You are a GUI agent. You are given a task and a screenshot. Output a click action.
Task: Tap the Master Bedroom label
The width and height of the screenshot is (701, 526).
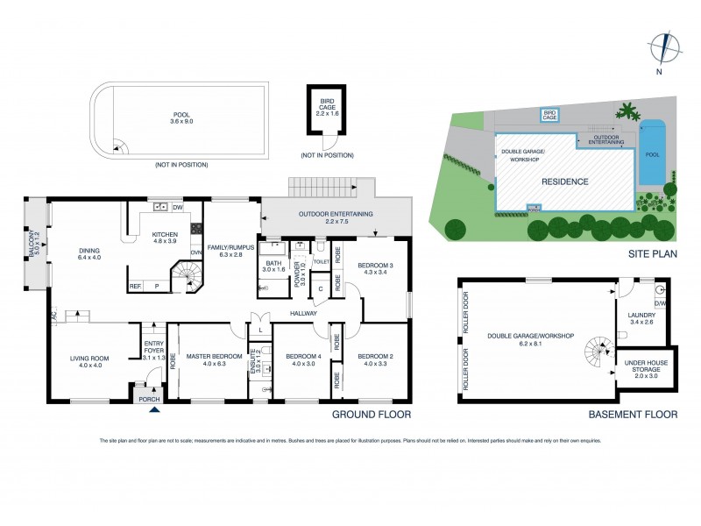tap(207, 354)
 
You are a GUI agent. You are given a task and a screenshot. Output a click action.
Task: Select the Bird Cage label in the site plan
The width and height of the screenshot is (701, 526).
tap(550, 114)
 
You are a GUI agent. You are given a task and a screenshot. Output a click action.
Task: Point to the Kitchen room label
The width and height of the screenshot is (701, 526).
tap(165, 235)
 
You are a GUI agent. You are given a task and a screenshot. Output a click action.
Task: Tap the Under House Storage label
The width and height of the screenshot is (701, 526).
tap(643, 369)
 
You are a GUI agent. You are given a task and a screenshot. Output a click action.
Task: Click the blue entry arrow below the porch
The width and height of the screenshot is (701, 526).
tap(155, 408)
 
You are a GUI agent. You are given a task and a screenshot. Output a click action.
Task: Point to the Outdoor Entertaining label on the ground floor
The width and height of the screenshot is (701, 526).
tap(335, 214)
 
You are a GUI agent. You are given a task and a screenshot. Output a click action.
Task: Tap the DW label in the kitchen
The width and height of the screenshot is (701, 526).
tap(177, 208)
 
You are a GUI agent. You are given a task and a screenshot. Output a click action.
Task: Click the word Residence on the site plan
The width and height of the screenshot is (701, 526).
tap(563, 181)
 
